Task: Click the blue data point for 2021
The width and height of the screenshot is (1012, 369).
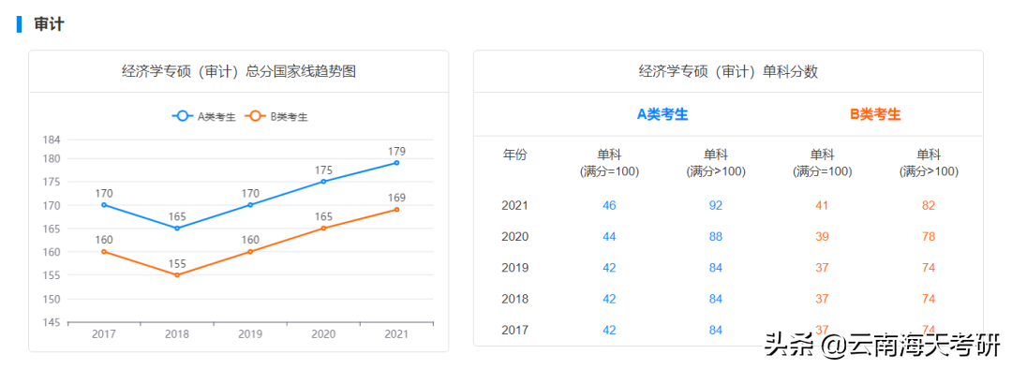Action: (396, 163)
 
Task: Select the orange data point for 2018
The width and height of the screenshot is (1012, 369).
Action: (177, 274)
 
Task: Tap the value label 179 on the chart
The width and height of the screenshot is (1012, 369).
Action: (396, 151)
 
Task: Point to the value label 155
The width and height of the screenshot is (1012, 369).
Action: (177, 263)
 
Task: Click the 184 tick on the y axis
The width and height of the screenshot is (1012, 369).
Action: (52, 140)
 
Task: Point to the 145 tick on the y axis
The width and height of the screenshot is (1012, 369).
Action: (52, 322)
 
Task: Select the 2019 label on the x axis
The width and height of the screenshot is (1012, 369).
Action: (250, 334)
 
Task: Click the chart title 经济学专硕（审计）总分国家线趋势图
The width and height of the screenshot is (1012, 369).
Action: (239, 71)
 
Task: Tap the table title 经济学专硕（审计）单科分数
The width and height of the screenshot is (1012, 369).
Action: (728, 71)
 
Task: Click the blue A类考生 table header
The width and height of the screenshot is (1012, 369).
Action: (662, 114)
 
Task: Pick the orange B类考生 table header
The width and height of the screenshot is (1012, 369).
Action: (875, 114)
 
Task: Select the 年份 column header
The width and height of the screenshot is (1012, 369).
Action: (515, 155)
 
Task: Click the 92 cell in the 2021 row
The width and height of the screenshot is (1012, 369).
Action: (716, 205)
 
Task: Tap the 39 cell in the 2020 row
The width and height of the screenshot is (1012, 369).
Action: (822, 236)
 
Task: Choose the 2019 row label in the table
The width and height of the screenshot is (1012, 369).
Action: (515, 268)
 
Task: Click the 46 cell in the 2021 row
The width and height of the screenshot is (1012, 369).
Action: (609, 205)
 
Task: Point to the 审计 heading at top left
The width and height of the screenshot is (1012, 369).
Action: (49, 24)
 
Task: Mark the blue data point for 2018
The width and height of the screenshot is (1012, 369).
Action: (177, 228)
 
